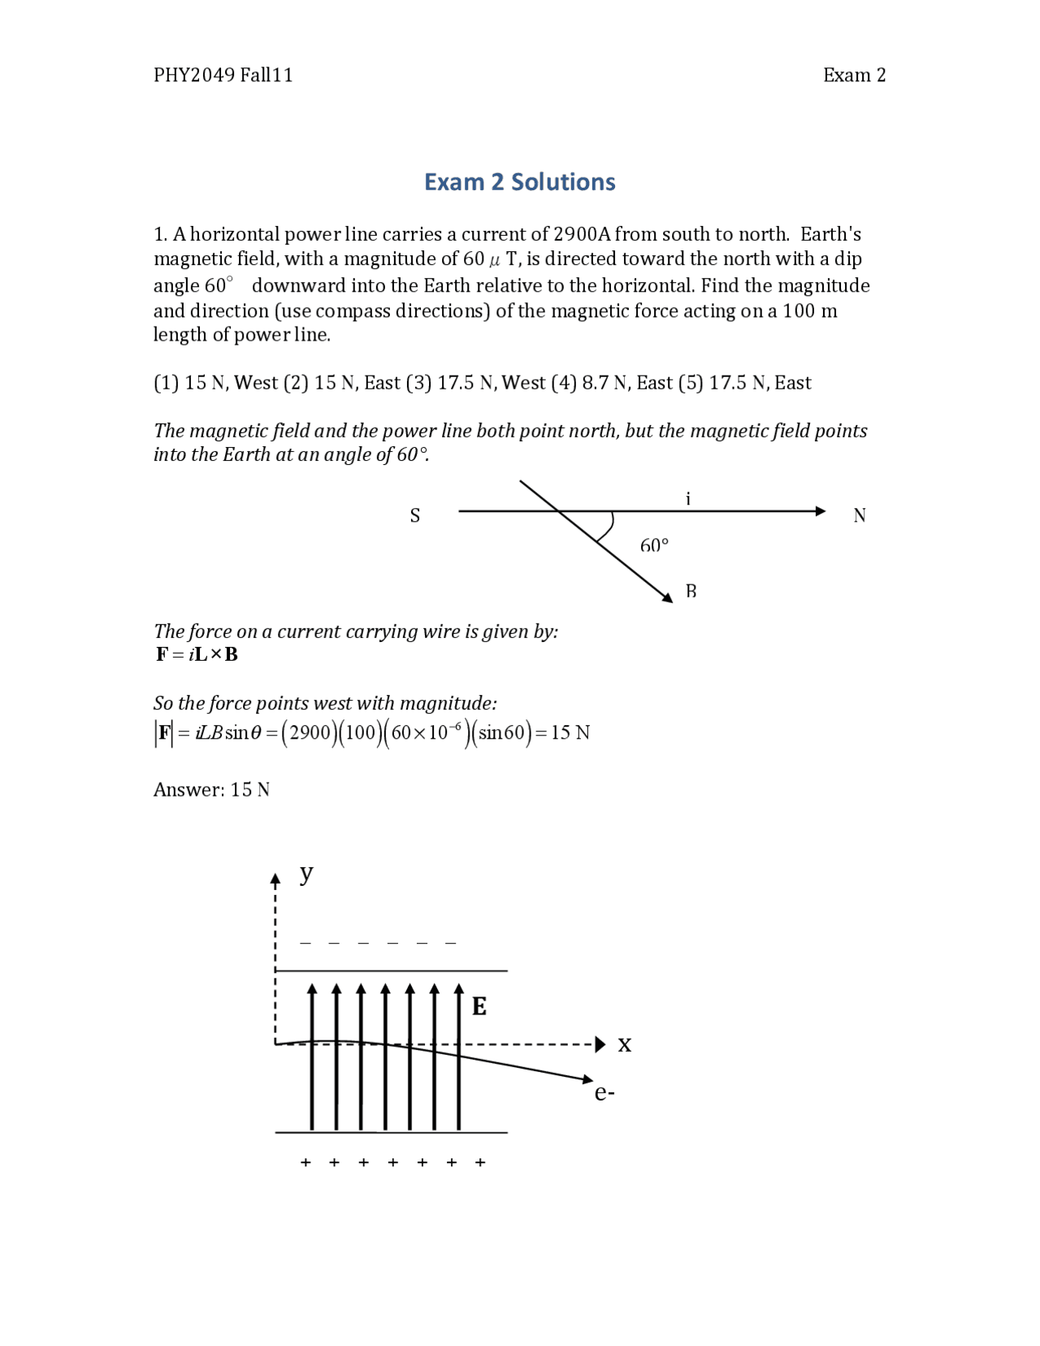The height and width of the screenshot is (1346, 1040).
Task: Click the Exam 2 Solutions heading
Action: (519, 182)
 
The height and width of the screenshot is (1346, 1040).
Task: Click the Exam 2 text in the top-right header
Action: (854, 76)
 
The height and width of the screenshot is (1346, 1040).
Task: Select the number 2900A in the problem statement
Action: (581, 235)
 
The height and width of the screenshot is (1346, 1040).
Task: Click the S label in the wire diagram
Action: (415, 516)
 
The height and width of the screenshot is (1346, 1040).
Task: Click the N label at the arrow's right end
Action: (860, 516)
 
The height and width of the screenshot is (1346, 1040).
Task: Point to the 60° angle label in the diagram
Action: (654, 545)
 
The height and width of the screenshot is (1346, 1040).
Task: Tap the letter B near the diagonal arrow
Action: (691, 591)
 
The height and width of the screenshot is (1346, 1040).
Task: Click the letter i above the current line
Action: (688, 499)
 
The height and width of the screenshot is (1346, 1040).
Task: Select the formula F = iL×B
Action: (197, 654)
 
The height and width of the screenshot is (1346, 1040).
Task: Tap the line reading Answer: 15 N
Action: (211, 790)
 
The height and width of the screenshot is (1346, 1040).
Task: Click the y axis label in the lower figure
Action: (306, 874)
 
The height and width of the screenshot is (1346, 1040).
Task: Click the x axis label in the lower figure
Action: (624, 1044)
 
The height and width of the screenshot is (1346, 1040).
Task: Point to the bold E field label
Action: (479, 1007)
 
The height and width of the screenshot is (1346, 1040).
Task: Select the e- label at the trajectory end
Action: (604, 1093)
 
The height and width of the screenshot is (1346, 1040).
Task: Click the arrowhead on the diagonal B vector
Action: (668, 598)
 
